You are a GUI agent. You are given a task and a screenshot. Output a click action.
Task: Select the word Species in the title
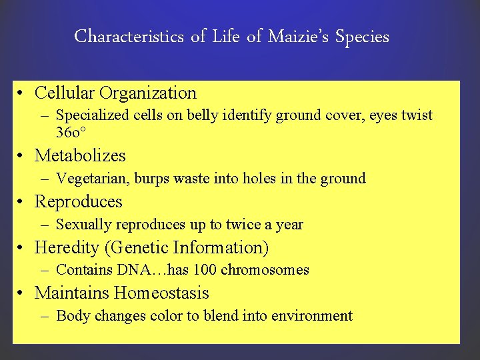362,37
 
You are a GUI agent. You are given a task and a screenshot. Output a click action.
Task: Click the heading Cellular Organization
115,93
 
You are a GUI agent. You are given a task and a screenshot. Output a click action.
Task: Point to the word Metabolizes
80,155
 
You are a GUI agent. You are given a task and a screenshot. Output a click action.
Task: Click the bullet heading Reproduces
79,201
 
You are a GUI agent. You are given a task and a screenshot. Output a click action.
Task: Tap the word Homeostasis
161,293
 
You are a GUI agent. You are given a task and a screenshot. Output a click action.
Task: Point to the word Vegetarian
93,179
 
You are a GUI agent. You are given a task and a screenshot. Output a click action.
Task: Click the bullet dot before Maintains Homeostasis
23,294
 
